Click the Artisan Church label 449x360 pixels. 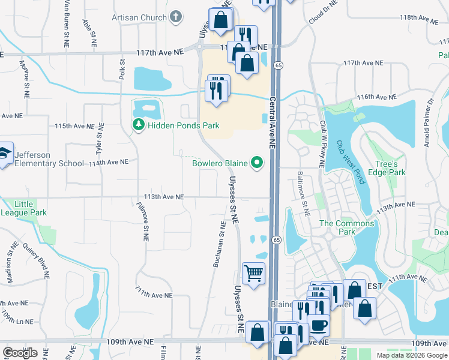click(x=139, y=17)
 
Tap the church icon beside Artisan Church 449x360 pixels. click(x=176, y=17)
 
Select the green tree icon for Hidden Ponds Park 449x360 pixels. click(x=138, y=125)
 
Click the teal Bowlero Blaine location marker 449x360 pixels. click(x=258, y=163)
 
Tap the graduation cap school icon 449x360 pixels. click(x=5, y=153)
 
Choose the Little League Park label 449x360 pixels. click(x=24, y=208)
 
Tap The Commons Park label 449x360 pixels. click(x=346, y=227)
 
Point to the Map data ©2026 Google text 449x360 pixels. click(x=411, y=355)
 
